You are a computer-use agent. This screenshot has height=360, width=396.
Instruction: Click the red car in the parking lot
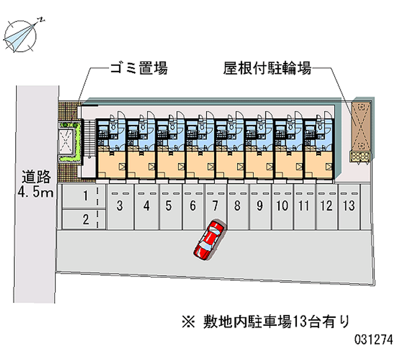point(209,240)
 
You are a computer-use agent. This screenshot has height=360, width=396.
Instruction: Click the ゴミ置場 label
point(139,68)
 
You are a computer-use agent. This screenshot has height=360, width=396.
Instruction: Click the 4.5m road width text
point(36,192)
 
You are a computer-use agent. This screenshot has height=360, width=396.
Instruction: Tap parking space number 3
point(120,206)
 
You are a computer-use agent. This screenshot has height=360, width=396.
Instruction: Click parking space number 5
point(169,206)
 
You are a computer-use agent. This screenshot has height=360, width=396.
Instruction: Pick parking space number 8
point(237,206)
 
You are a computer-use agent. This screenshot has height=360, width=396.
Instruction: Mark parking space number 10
point(282,206)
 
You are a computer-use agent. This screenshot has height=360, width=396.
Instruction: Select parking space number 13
point(349,206)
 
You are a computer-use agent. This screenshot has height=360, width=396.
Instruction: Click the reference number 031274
point(373,341)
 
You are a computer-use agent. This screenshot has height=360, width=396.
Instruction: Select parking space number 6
point(193,206)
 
